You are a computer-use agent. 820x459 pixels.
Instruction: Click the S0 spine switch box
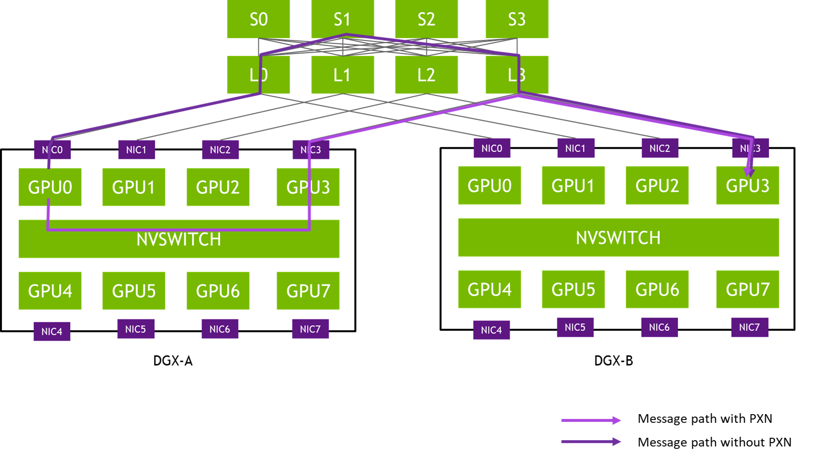(x=258, y=19)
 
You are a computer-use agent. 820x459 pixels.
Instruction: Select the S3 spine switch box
(x=517, y=19)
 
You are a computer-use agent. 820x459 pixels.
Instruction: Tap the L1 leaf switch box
(x=343, y=74)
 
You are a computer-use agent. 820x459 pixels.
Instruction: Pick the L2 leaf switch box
(x=426, y=74)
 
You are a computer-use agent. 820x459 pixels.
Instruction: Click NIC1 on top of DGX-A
(x=137, y=149)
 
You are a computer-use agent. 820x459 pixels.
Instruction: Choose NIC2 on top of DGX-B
(x=660, y=148)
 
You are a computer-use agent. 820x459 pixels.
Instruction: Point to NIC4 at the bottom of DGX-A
(x=52, y=331)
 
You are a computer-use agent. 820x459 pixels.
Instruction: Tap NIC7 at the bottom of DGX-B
(x=750, y=327)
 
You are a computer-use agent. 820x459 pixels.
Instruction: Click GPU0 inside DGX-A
(x=50, y=187)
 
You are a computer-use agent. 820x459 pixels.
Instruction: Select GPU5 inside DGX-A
(x=134, y=290)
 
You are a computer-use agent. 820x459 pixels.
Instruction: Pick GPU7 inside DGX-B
(x=747, y=289)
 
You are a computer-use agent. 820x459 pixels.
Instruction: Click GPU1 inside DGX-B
(x=573, y=185)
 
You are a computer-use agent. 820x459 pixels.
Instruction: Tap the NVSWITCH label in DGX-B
(x=618, y=238)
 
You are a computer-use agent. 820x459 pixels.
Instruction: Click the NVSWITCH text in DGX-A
(x=179, y=239)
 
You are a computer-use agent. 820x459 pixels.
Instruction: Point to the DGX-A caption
(x=173, y=361)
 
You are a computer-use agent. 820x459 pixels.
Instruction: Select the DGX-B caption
(x=614, y=361)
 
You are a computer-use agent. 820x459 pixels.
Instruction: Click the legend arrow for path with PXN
(x=591, y=420)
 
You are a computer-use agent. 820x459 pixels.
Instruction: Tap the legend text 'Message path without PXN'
(x=714, y=442)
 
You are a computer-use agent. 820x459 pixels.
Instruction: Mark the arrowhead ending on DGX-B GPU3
(x=749, y=172)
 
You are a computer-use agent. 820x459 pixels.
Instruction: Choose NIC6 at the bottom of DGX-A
(x=220, y=329)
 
